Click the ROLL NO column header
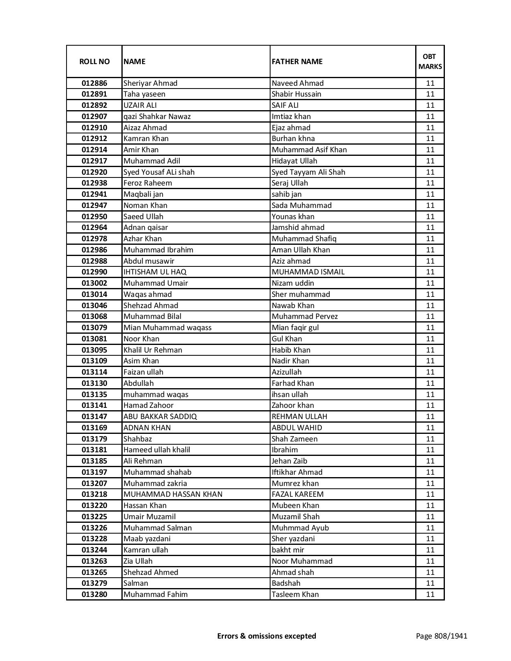[94, 61]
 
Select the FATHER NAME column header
[297, 61]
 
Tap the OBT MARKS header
[430, 61]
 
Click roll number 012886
[94, 83]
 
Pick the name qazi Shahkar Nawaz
[157, 117]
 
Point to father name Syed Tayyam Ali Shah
[308, 172]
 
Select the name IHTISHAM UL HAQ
[155, 272]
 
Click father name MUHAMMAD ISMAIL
[308, 272]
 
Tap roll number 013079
[94, 328]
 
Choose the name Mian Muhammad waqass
[167, 328]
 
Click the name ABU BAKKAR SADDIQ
[160, 417]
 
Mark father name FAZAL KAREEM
[297, 494]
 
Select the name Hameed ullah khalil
[157, 450]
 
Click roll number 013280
[94, 594]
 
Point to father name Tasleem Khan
[295, 594]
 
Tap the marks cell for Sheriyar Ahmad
[430, 83]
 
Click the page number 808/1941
[441, 636]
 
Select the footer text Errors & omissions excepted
[267, 636]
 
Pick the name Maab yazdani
[147, 539]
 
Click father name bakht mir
[288, 550]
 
